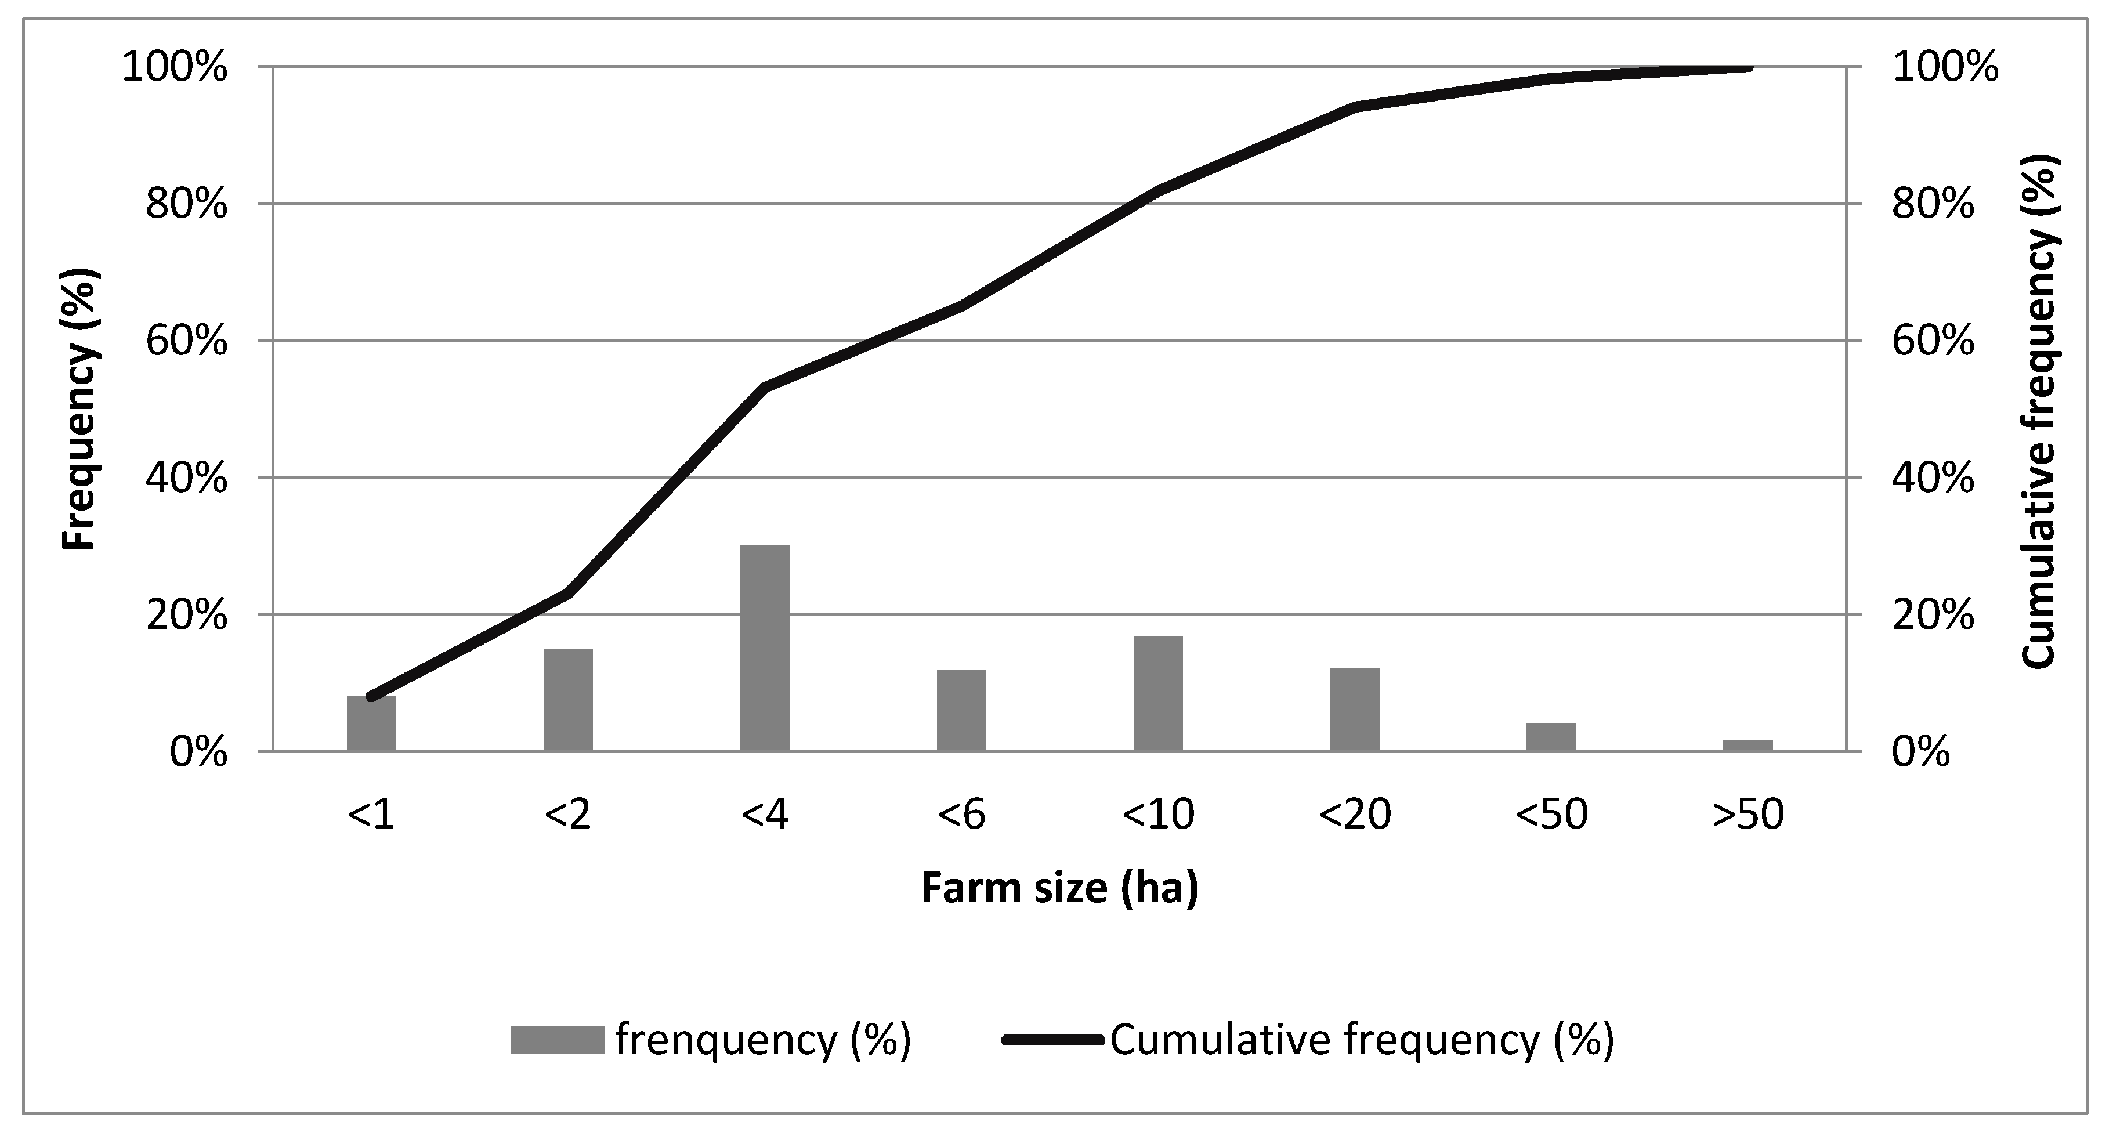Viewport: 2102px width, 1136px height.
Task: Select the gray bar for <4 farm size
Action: click(x=765, y=648)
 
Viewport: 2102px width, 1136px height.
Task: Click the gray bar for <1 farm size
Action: click(x=371, y=725)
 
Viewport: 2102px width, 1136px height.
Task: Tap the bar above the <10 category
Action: click(x=1158, y=694)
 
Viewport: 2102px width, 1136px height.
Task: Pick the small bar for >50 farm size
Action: click(x=1748, y=745)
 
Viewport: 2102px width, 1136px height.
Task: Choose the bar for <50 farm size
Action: click(x=1551, y=737)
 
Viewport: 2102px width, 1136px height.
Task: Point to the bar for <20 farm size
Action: click(x=1355, y=709)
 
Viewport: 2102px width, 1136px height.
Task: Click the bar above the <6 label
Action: click(x=961, y=710)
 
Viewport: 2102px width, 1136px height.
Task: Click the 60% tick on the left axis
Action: click(x=186, y=341)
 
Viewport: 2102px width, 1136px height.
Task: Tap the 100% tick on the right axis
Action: click(x=1945, y=67)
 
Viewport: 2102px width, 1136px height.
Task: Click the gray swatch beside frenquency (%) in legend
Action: click(x=558, y=1040)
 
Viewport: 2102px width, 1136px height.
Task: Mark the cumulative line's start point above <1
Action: click(x=372, y=697)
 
